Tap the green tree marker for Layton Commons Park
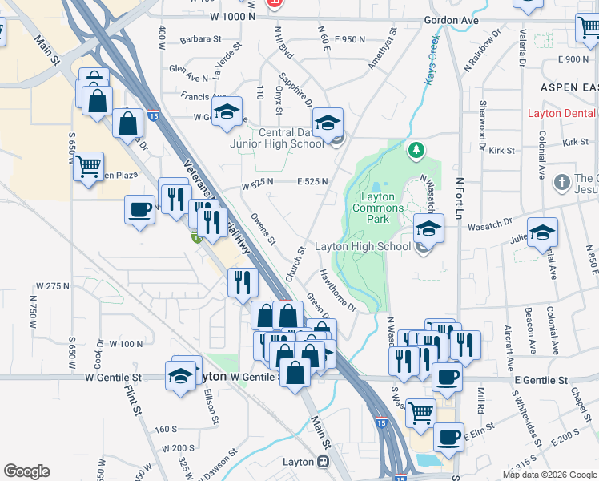(416, 150)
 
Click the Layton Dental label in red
(562, 113)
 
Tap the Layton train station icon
(323, 462)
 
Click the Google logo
(26, 471)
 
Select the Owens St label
(263, 228)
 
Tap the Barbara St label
(200, 38)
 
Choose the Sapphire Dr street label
(295, 91)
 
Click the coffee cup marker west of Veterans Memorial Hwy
(140, 210)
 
